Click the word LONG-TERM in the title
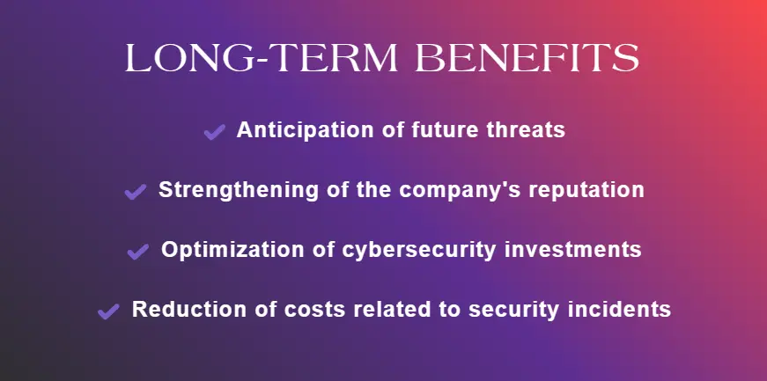[262, 58]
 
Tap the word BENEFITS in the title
[527, 58]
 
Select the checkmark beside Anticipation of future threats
[214, 132]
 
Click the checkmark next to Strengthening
[136, 192]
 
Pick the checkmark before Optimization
[138, 252]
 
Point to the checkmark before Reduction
[108, 311]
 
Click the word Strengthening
[239, 190]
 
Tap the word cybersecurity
[418, 251]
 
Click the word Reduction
[188, 309]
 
